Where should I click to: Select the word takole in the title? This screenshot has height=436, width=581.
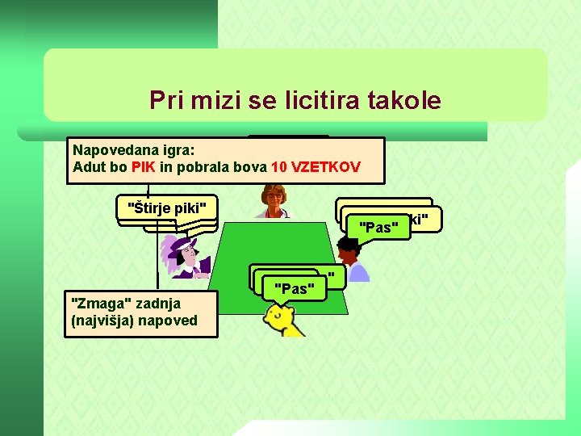point(403,101)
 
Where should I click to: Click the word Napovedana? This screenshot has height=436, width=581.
point(109,149)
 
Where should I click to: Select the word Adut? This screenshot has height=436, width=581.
point(88,168)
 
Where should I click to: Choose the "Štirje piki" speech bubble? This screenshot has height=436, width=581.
point(167,208)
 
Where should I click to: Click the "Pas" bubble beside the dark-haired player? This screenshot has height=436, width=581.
point(377,227)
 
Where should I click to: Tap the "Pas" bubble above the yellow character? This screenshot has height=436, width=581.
point(294,287)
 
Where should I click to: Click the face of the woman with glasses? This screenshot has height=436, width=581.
point(275,196)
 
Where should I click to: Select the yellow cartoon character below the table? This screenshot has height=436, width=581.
point(283,320)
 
